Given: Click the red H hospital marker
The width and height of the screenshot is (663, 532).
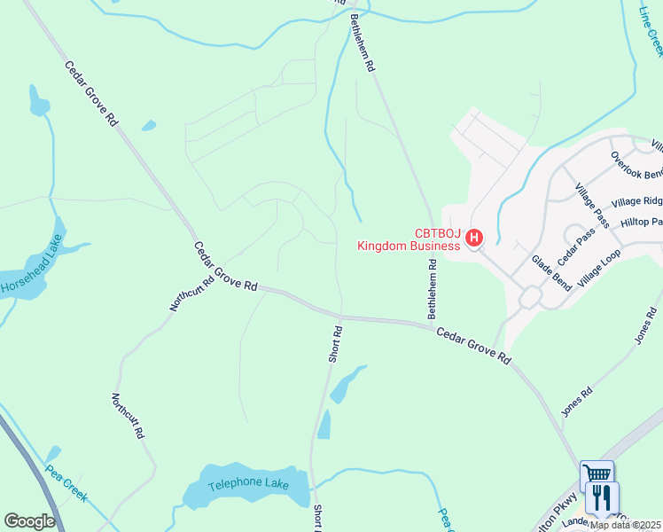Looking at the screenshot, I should (x=474, y=238).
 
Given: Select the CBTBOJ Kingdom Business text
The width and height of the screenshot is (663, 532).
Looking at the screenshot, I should (x=409, y=239).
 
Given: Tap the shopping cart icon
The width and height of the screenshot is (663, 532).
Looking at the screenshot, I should (x=597, y=475).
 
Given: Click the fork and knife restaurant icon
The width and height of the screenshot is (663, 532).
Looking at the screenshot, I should (x=603, y=496).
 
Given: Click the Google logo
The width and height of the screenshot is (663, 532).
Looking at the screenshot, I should (x=29, y=521).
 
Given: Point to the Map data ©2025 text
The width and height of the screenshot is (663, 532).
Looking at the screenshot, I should (x=626, y=525).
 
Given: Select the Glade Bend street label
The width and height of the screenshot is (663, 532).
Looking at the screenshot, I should (x=551, y=270).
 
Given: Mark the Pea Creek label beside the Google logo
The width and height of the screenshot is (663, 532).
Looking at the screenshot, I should (x=66, y=483).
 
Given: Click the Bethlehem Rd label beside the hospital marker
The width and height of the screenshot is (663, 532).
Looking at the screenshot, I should (x=433, y=288).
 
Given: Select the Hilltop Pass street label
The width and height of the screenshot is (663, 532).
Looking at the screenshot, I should (x=641, y=222).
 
